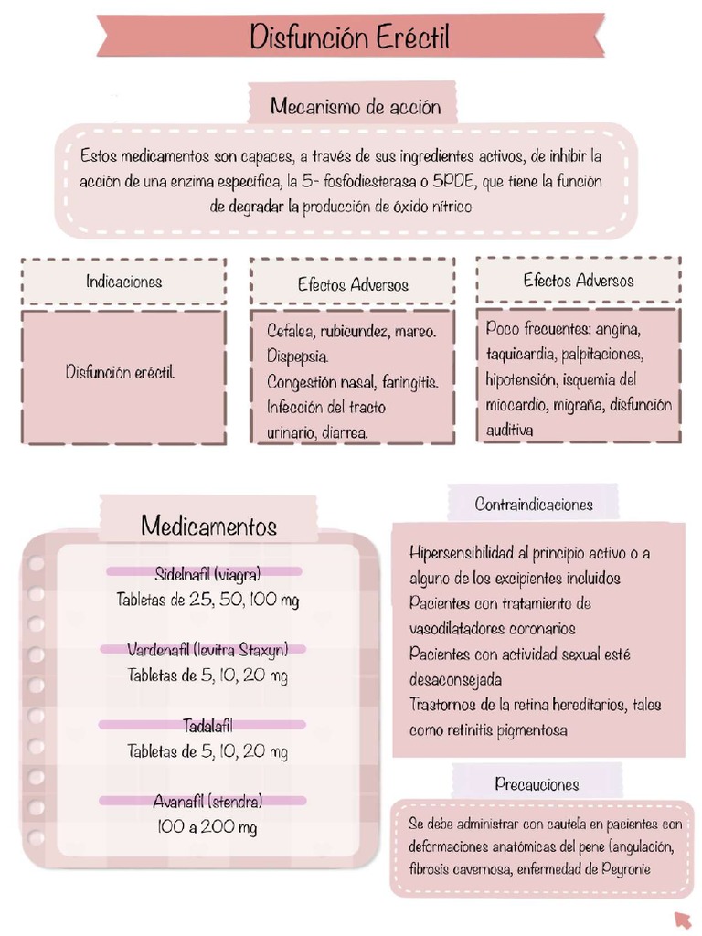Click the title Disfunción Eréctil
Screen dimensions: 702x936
(x=350, y=38)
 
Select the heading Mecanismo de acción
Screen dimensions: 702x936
(x=355, y=107)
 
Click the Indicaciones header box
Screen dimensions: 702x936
(x=124, y=282)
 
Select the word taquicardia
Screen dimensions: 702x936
(x=520, y=353)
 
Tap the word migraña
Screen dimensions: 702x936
(x=575, y=404)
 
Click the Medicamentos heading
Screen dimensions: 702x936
(x=208, y=526)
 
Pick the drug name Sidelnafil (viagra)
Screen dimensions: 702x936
(x=207, y=574)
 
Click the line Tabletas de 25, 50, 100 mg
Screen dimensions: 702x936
(x=207, y=600)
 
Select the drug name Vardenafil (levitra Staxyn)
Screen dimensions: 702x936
(x=207, y=650)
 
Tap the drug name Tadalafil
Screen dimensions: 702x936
(x=207, y=726)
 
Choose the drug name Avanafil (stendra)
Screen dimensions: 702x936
(x=207, y=802)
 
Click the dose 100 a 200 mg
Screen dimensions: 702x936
(x=207, y=827)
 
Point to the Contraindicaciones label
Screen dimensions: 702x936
(x=534, y=505)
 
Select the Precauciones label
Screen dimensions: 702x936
(x=537, y=784)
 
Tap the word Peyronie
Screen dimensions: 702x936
(x=626, y=868)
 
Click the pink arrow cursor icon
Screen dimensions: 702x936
(x=682, y=919)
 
